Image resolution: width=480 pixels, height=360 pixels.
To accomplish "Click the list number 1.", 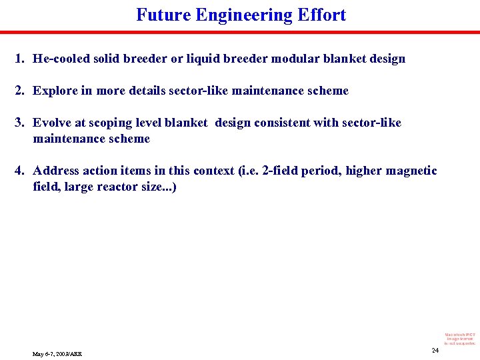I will coord(19,59).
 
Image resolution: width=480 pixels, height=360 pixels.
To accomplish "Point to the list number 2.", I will coord(19,91).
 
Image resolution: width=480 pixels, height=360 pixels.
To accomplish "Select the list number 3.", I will coord(19,123).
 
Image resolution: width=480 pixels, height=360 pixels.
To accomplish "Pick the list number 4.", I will coord(19,171).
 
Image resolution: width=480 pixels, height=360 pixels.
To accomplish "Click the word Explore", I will coord(55,91).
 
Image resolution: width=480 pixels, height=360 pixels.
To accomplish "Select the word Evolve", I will coord(52,123).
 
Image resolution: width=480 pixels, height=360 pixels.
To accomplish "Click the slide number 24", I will coord(435,351).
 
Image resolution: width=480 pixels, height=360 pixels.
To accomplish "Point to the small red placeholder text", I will coord(460,338).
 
